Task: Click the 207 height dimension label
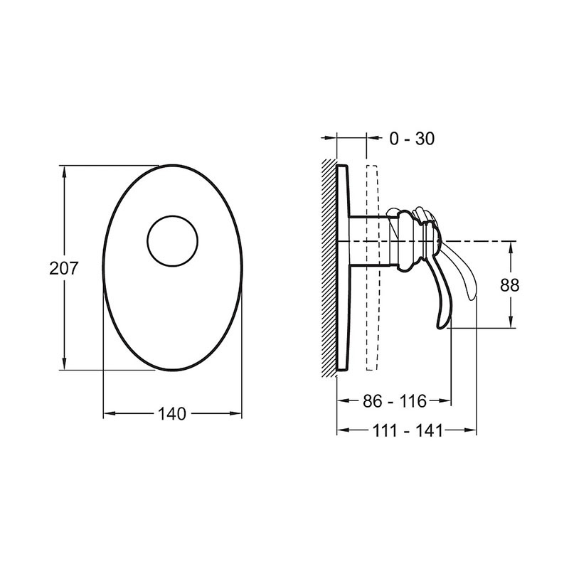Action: [64, 268]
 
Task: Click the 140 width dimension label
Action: [172, 414]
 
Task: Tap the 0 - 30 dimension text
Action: [412, 139]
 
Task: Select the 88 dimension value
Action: [509, 285]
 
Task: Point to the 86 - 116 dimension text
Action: [395, 401]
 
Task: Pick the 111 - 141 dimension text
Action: [408, 431]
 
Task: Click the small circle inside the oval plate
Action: [173, 216]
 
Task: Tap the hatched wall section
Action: [329, 268]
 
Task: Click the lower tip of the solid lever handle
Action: [440, 328]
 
